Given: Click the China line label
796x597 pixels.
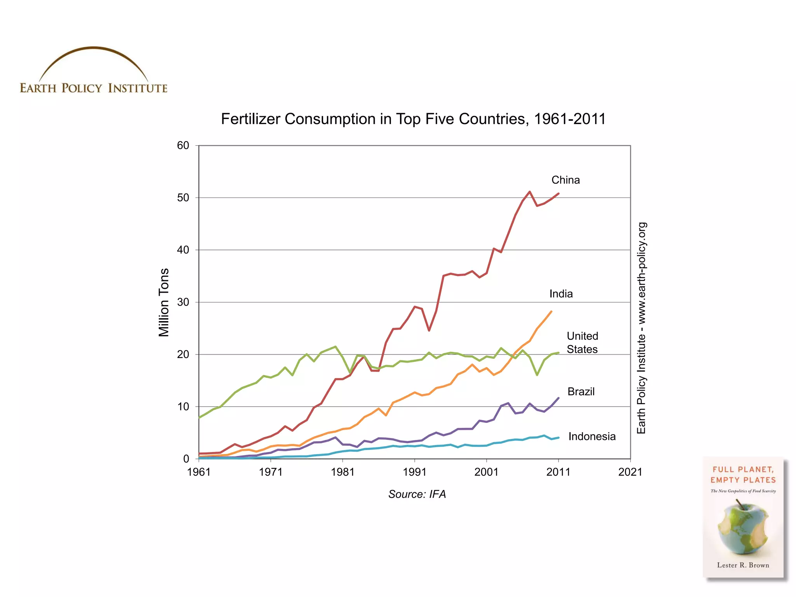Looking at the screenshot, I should pyautogui.click(x=565, y=180).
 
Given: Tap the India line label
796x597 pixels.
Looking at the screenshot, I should pyautogui.click(x=561, y=294).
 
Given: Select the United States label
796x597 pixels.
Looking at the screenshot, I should pyautogui.click(x=582, y=342).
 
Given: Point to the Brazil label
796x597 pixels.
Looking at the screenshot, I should pyautogui.click(x=581, y=391).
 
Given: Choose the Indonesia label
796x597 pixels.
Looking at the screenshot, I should pyautogui.click(x=592, y=436).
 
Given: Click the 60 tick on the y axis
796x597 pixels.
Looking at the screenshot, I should pyautogui.click(x=183, y=146).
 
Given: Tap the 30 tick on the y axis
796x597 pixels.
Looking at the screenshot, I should pyautogui.click(x=183, y=302).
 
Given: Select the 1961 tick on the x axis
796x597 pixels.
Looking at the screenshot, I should pyautogui.click(x=199, y=472).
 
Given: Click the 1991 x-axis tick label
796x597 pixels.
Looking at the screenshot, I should pyautogui.click(x=414, y=472).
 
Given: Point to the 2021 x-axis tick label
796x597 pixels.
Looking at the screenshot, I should pyautogui.click(x=630, y=472).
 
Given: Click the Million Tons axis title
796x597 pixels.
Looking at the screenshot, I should pyautogui.click(x=164, y=302).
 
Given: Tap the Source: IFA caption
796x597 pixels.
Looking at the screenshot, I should pyautogui.click(x=417, y=494).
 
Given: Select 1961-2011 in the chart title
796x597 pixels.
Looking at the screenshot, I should pyautogui.click(x=569, y=119).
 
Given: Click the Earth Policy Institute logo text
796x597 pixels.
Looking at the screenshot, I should pyautogui.click(x=93, y=88).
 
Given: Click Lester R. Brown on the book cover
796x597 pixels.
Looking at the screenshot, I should pyautogui.click(x=743, y=565).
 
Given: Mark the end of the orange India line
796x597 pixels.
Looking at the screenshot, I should pyautogui.click(x=551, y=311).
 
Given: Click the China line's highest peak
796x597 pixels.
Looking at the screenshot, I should pyautogui.click(x=529, y=192).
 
